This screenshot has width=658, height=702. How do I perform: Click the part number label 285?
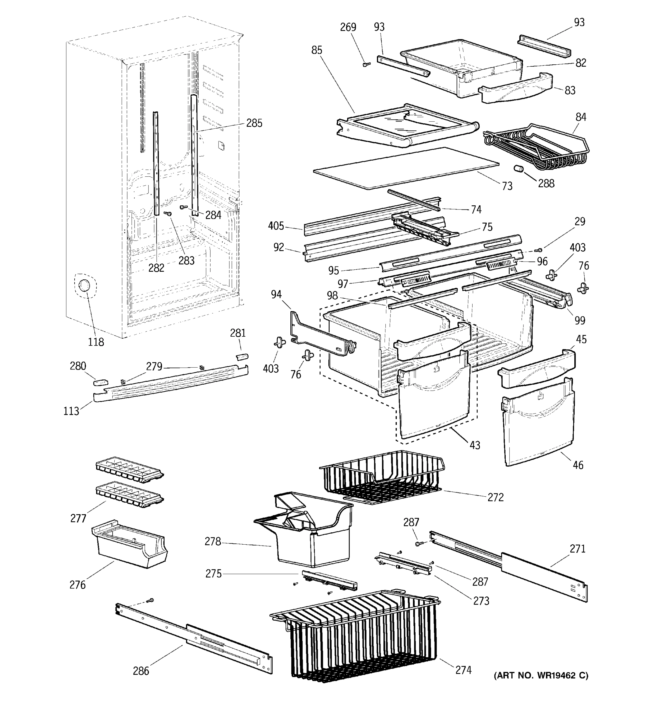pos(254,123)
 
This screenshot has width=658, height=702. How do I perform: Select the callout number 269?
pos(348,27)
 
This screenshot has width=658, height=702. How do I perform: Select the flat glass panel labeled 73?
pos(406,168)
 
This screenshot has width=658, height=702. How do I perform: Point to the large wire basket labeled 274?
pos(360,636)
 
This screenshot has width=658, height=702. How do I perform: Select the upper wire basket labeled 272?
pos(381,477)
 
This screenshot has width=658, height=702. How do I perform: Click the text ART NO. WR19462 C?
pos(540,675)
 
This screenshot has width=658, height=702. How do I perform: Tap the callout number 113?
pos(71,411)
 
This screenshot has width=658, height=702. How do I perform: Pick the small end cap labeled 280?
pos(100,382)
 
